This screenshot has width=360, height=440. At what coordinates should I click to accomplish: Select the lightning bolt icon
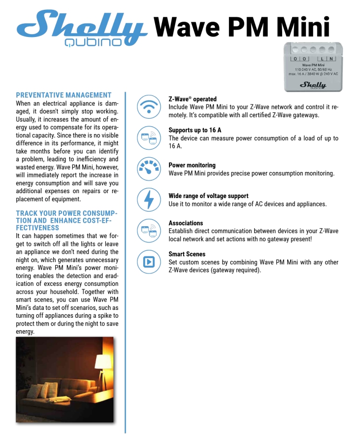149,200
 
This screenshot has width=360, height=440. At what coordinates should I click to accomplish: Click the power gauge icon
149,169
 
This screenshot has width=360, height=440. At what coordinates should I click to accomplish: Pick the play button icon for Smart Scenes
149,262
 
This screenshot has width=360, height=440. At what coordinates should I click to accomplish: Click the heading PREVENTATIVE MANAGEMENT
64,95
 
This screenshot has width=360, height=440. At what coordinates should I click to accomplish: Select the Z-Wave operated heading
193,99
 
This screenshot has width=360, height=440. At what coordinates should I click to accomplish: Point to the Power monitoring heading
192,165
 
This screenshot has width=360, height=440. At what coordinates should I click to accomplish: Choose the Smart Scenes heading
187,254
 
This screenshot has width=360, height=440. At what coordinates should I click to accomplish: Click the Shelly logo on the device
313,85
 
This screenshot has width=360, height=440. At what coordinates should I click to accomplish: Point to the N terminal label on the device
332,59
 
